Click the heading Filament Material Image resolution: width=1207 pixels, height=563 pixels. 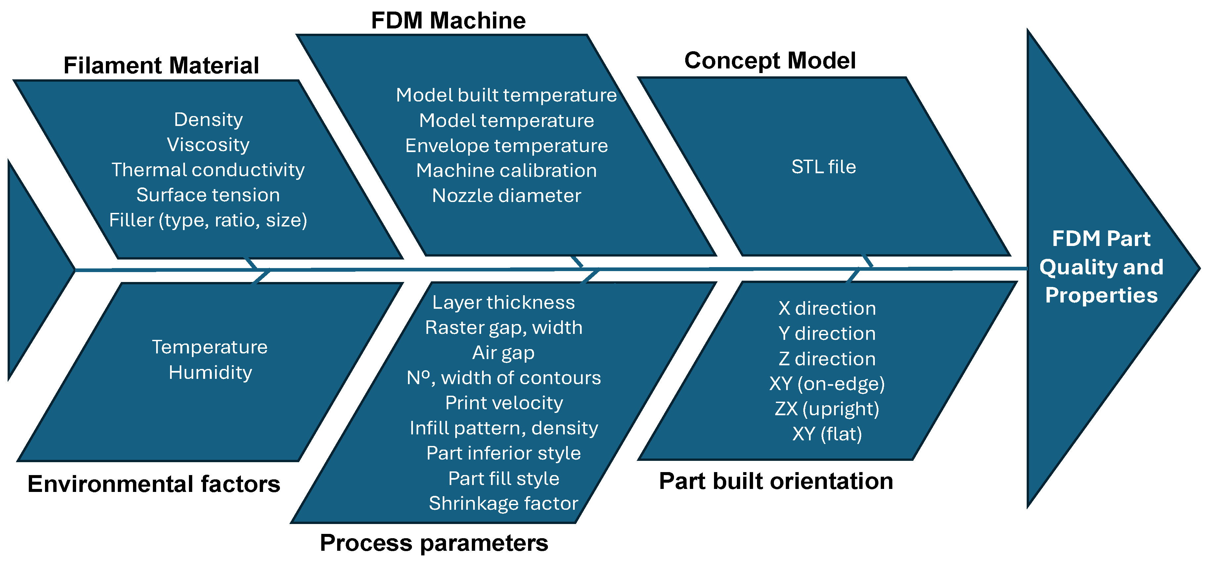click(161, 65)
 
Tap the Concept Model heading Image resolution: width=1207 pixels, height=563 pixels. click(770, 61)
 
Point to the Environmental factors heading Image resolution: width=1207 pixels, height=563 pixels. click(154, 484)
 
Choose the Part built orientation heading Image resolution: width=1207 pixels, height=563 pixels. click(776, 481)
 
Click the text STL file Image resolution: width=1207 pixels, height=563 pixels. click(823, 167)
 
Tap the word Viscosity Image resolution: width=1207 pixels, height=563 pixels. click(208, 144)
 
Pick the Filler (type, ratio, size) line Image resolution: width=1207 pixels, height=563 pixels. click(208, 220)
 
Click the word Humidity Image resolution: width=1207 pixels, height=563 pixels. click(210, 373)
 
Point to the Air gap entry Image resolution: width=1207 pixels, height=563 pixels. click(503, 353)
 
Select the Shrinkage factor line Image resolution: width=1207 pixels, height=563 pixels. click(503, 503)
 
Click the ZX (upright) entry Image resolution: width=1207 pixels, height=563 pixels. click(827, 409)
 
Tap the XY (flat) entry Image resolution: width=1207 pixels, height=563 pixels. click(827, 434)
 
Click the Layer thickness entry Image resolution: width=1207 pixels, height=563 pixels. click(503, 302)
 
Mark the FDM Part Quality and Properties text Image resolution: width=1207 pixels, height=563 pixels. click(1101, 267)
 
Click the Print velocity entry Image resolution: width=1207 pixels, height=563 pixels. click(504, 403)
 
